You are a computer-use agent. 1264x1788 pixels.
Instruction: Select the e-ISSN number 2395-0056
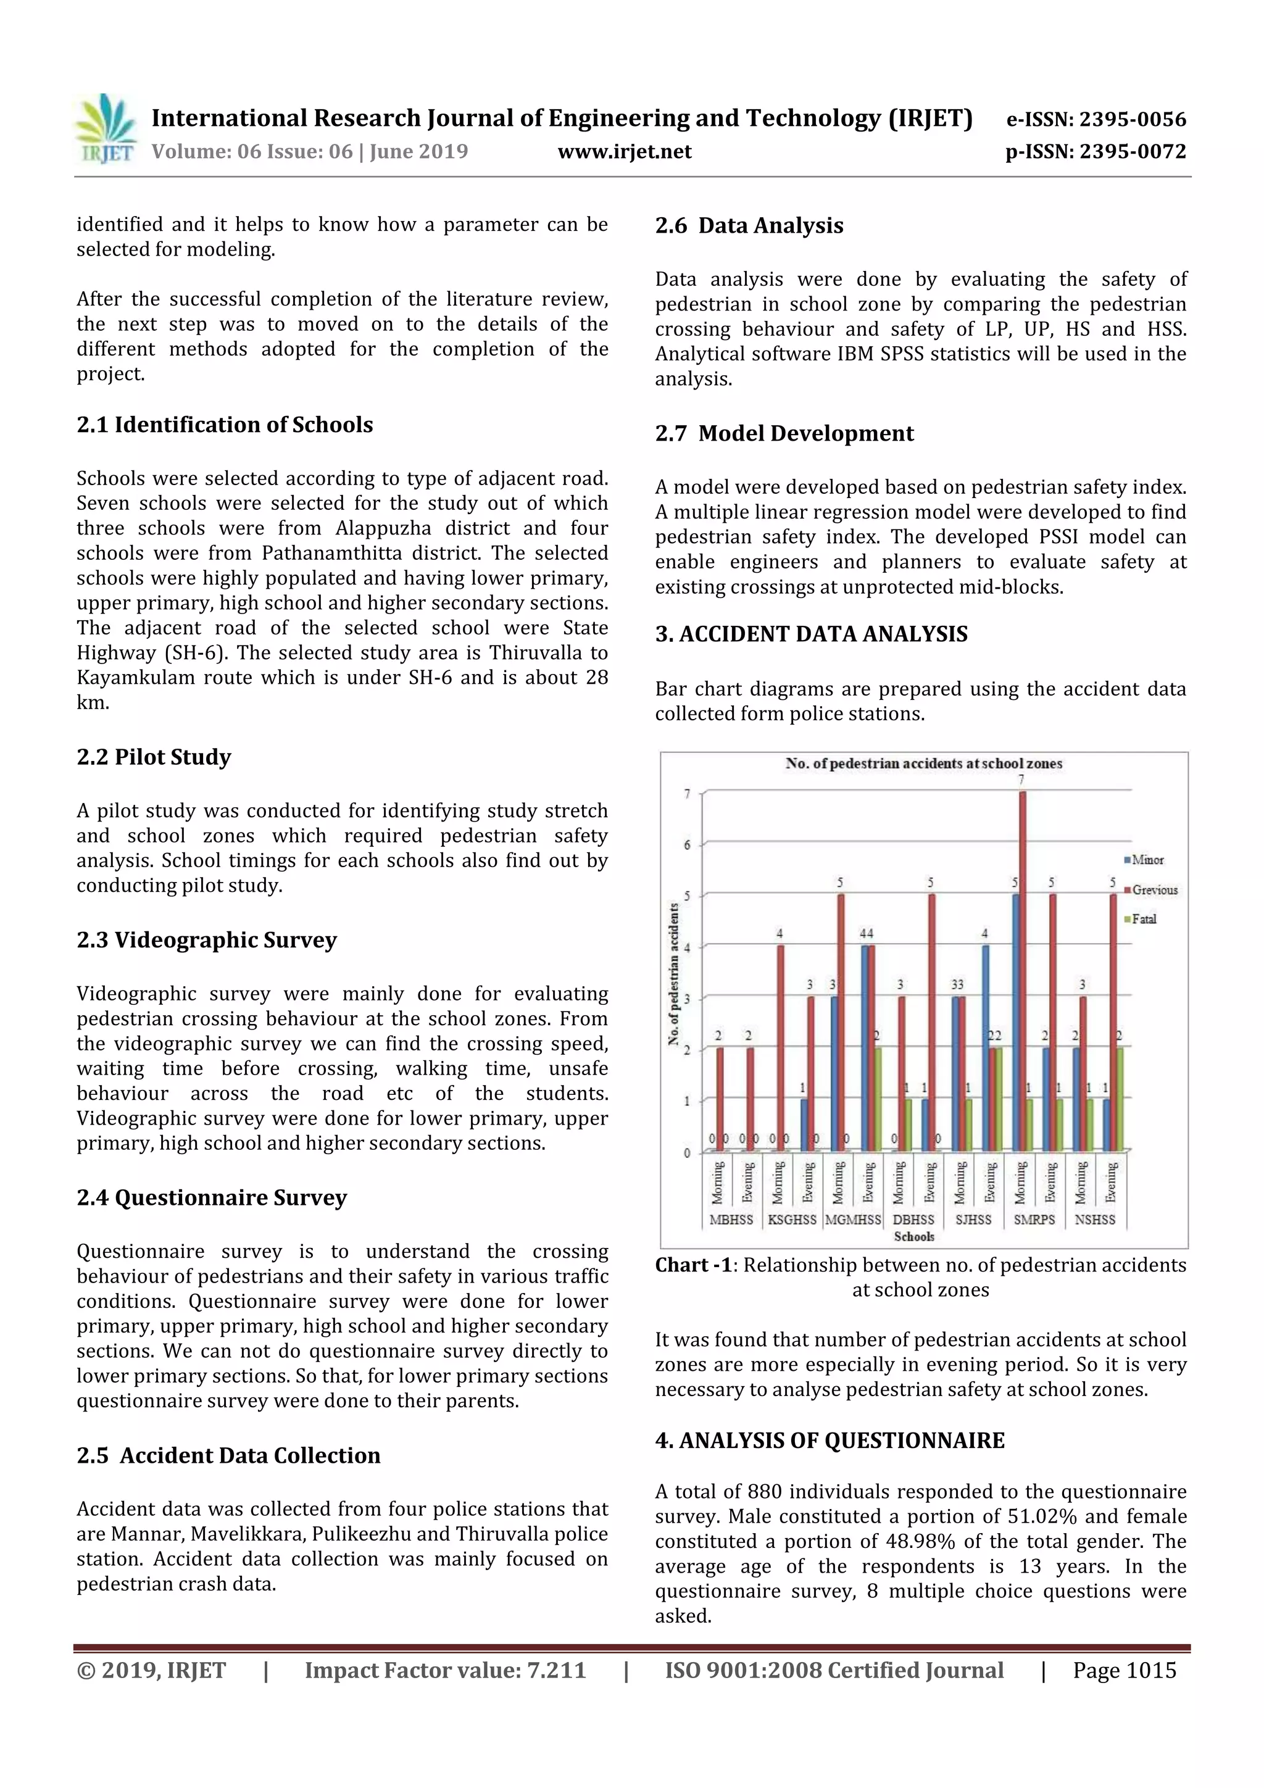coord(1131,119)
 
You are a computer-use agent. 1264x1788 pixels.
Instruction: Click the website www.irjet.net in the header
coord(625,151)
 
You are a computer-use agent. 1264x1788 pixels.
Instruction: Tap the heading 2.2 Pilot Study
coord(154,757)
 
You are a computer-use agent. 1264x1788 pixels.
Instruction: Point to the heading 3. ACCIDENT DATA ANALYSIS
coord(811,634)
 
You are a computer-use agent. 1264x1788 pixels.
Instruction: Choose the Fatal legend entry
coord(1143,919)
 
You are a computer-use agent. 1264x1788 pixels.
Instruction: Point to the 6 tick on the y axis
coord(687,845)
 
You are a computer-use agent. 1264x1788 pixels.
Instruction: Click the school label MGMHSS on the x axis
coord(853,1220)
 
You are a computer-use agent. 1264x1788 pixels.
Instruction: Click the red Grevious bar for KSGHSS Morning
coord(780,1047)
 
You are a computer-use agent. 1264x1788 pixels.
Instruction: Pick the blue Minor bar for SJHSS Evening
coord(985,1047)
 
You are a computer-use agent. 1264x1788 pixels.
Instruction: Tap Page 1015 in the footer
coord(1124,1669)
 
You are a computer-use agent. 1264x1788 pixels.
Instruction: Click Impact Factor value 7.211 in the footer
coord(445,1669)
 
